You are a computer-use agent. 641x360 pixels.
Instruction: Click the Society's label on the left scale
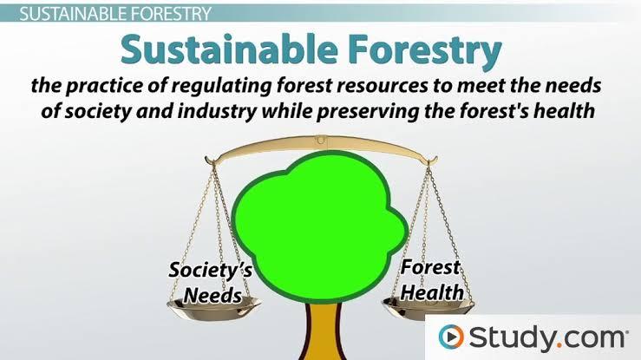(211, 271)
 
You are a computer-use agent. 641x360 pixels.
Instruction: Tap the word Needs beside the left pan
(213, 295)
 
